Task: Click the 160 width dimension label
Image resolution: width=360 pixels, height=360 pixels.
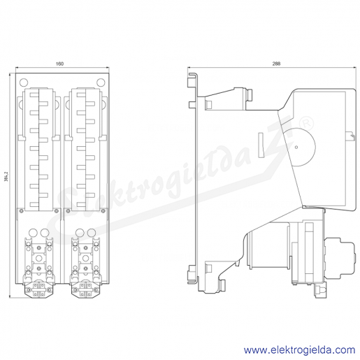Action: pos(59,64)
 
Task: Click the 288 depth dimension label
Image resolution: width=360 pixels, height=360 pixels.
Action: pos(276,64)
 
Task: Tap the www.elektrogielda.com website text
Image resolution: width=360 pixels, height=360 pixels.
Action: pos(299,350)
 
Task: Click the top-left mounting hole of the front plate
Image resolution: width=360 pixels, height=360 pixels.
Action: pos(24,82)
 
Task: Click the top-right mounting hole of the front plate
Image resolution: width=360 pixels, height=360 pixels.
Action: pos(101,82)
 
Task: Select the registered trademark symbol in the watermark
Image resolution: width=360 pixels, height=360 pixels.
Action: pos(307,124)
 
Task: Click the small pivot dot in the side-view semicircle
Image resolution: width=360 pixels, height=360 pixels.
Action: pos(296,147)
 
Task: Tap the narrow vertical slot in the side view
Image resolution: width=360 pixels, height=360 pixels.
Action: pos(261,145)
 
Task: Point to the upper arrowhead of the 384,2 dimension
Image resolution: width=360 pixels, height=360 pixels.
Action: pos(10,75)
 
